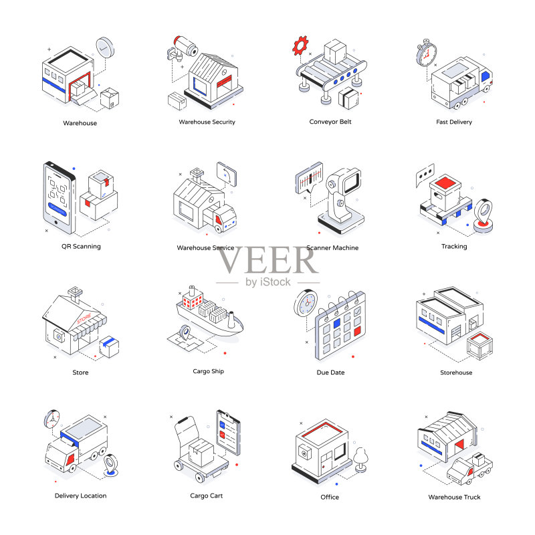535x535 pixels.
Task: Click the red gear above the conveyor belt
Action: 300,45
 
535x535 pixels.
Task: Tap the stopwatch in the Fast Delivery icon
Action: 426,53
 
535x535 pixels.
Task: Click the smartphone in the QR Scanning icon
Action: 60,198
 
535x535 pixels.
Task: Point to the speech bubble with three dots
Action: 425,175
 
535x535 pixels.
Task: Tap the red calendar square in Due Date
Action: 357,331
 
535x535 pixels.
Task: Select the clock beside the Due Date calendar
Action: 306,304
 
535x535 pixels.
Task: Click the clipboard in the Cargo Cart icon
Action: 228,432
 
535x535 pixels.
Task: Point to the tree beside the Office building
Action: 361,459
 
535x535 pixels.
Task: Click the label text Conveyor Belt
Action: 330,122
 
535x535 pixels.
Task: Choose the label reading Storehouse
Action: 456,372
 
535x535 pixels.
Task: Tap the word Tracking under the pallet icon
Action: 454,246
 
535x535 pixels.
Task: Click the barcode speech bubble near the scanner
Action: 309,178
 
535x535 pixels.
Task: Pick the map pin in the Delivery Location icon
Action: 110,464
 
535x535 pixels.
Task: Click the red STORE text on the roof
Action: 84,318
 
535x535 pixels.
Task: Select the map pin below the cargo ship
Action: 185,332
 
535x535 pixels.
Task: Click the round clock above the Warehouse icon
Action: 105,47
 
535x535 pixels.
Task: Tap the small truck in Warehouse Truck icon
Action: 469,469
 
